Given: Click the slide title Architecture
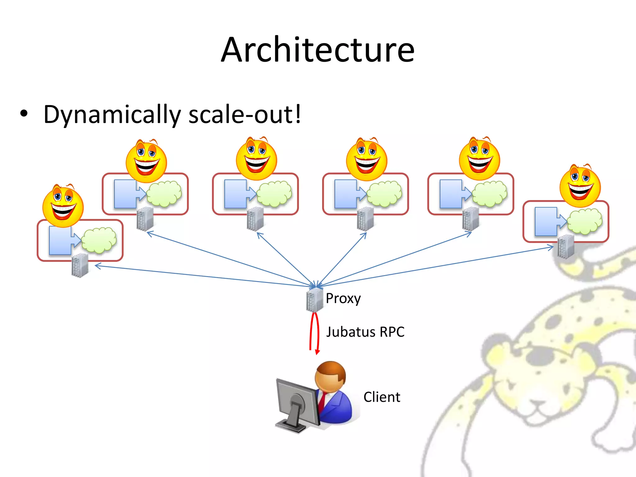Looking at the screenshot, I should (318, 50).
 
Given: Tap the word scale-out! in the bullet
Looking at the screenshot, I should (245, 114).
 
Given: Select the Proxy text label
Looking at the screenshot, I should (343, 298).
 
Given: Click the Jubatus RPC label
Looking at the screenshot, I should (365, 332).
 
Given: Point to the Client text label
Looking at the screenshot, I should (382, 397).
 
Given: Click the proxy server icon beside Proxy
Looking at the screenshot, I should (314, 300).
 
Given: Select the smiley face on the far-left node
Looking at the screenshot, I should (63, 206).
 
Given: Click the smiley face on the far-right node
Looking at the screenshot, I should (580, 186).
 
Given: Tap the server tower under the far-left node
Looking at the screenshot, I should (80, 266).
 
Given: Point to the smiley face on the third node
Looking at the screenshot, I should (257, 159).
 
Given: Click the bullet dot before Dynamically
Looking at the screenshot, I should (24, 114).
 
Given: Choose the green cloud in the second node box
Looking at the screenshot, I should (164, 194).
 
